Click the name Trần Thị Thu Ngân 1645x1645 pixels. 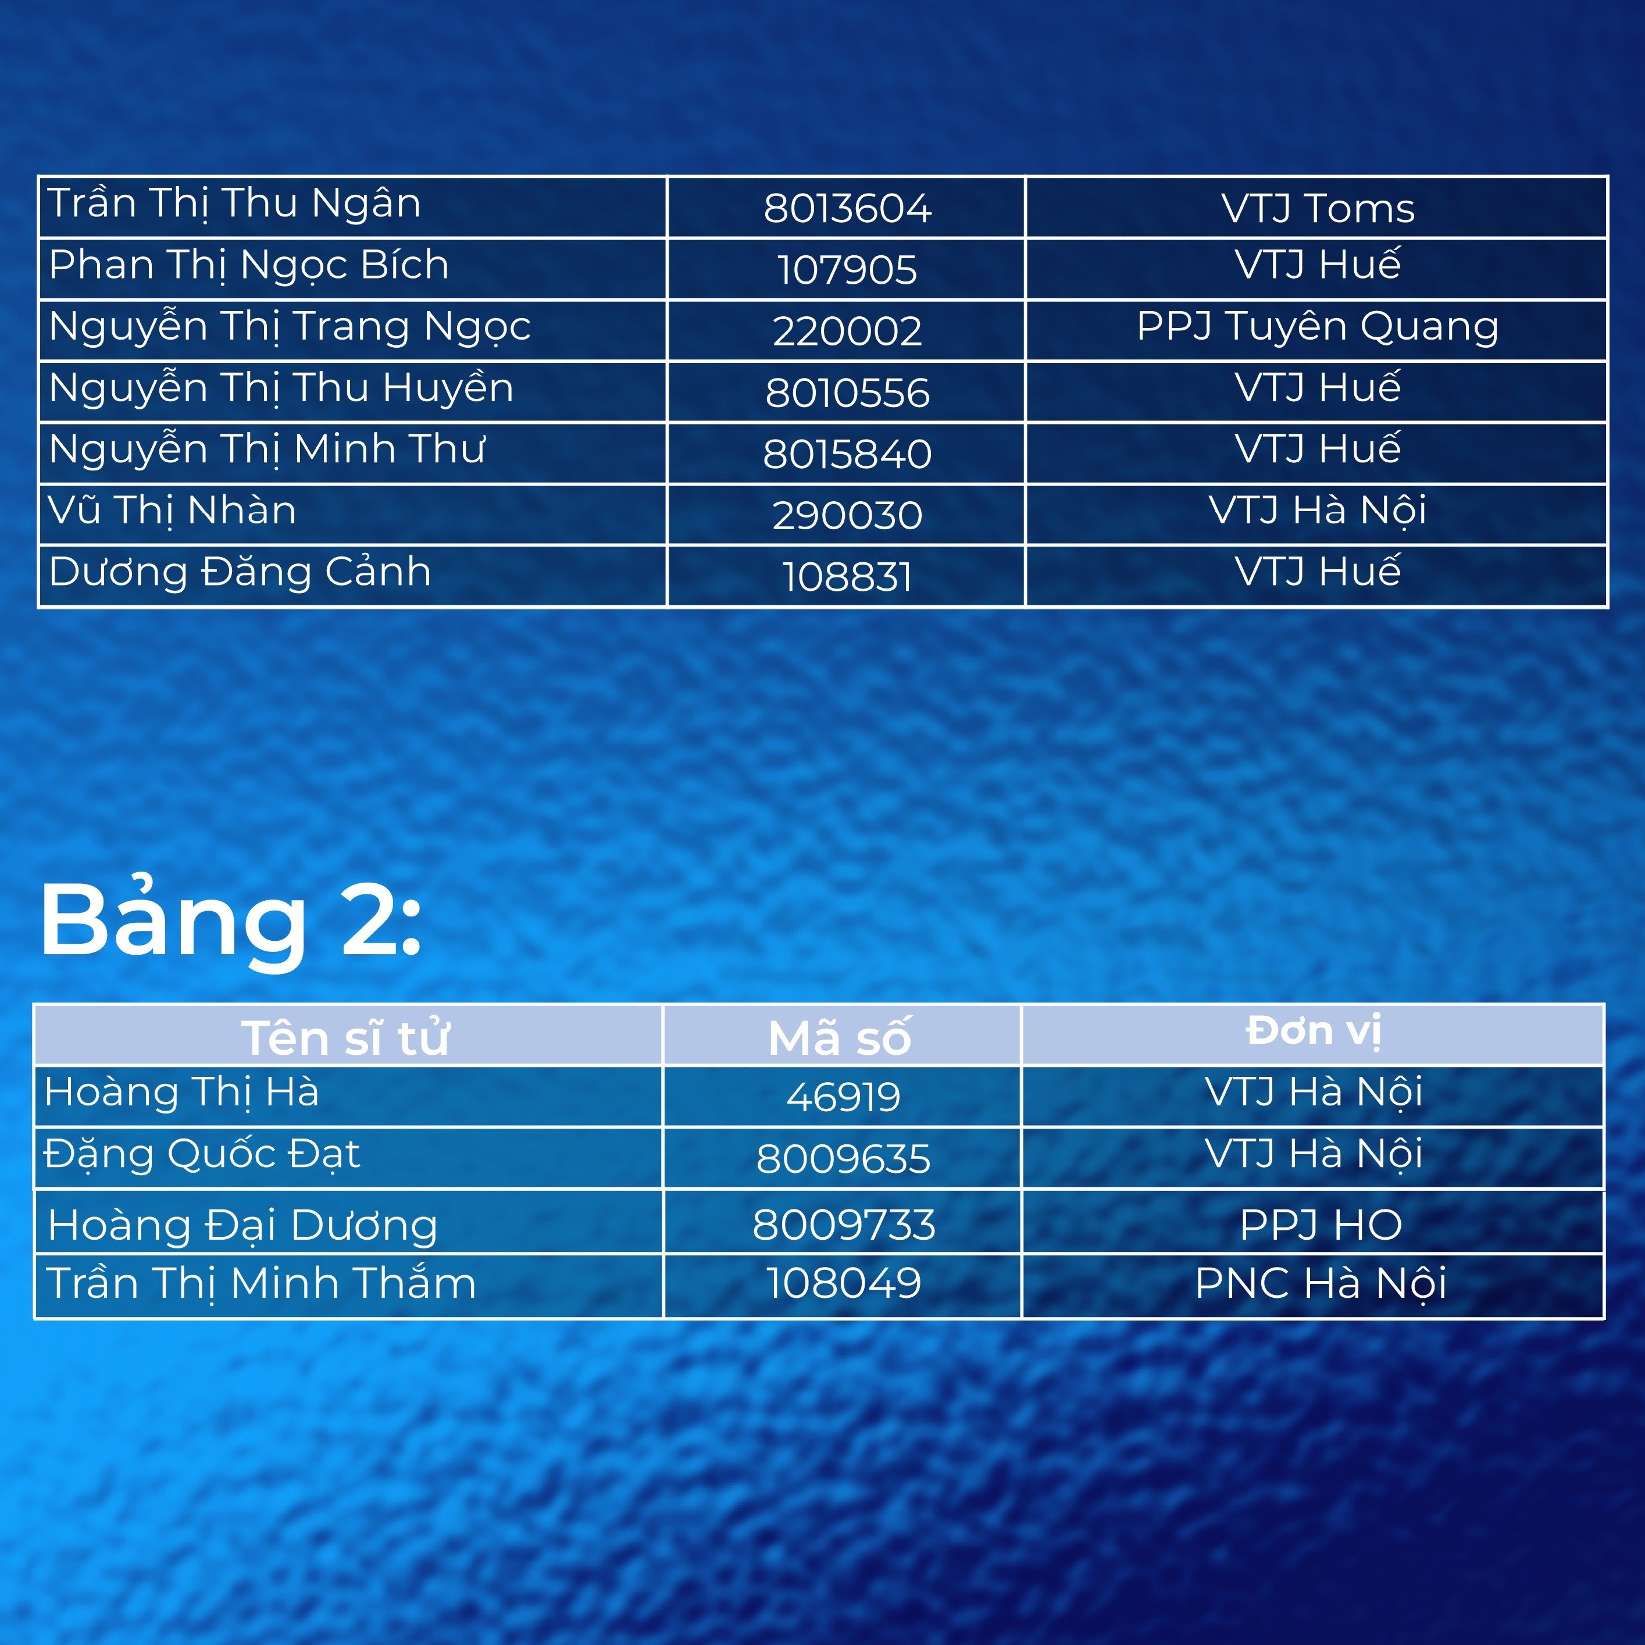click(x=234, y=204)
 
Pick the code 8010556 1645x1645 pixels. click(x=847, y=392)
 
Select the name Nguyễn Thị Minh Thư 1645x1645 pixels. click(x=266, y=449)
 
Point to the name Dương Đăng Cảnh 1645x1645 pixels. click(x=240, y=572)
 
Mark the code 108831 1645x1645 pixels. click(x=847, y=576)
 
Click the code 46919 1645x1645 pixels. click(x=843, y=1097)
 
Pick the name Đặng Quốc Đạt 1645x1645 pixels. click(x=202, y=1155)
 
